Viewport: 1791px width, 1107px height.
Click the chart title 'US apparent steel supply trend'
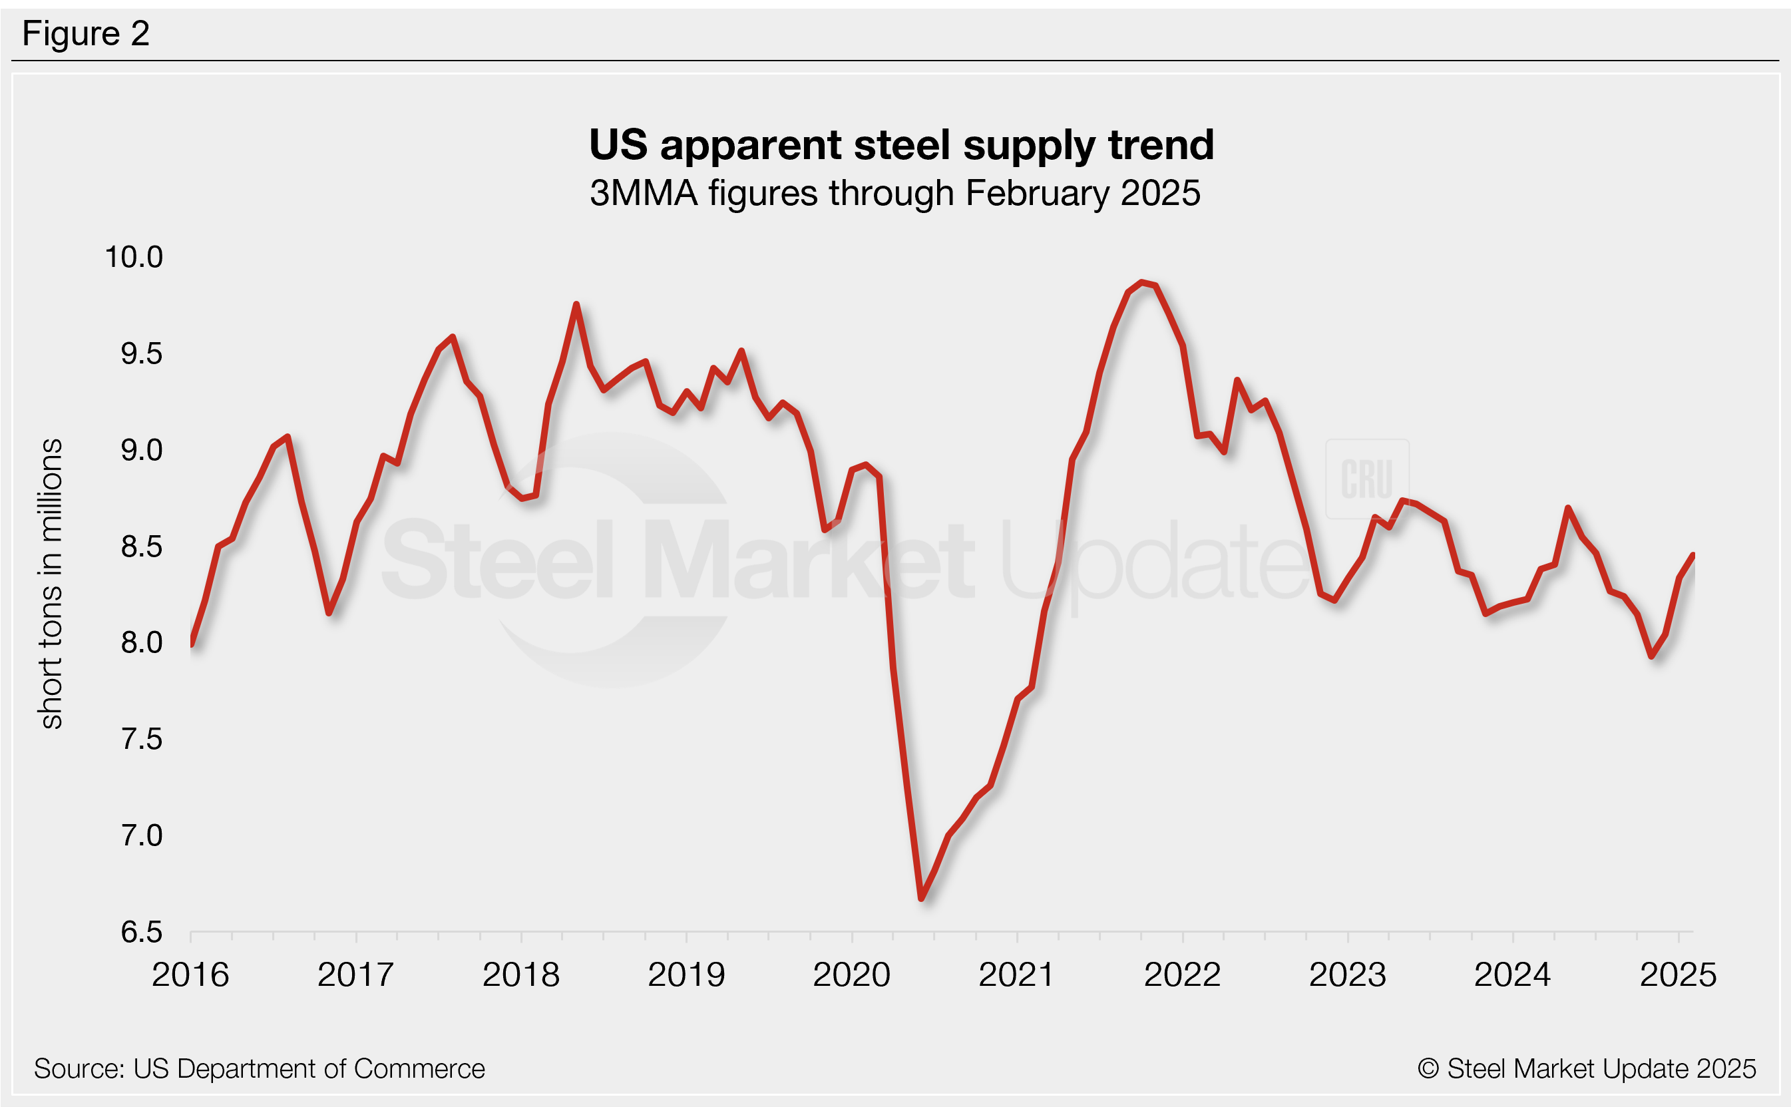coord(901,145)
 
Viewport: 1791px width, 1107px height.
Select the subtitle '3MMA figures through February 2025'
coord(895,194)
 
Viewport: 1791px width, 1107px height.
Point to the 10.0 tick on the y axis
coord(134,257)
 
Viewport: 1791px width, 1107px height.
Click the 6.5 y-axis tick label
coord(141,932)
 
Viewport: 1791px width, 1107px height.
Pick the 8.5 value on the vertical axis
coord(141,547)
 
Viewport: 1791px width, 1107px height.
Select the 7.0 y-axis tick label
coord(141,835)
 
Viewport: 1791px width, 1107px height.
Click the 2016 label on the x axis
coord(190,975)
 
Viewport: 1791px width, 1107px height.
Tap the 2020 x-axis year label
coord(851,975)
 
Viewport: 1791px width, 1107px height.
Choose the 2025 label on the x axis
coord(1678,975)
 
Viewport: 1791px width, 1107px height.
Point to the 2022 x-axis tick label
coord(1182,975)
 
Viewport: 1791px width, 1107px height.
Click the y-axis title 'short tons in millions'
coord(51,584)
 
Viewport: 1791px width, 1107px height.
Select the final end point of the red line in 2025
coord(1693,555)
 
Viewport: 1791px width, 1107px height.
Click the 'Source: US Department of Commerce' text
coord(259,1069)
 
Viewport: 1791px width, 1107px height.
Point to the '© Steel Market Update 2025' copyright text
coord(1586,1069)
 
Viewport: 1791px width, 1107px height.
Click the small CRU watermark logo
coord(1366,479)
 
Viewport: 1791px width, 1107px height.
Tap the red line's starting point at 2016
coord(191,644)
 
